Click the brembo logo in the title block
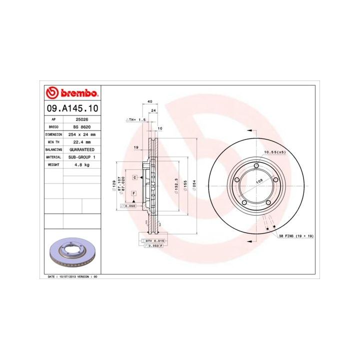pos(71,93)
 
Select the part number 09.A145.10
pos(72,108)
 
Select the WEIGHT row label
pos(54,164)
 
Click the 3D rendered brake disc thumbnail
pos(72,252)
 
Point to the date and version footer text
pos(72,276)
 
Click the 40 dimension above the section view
pos(150,101)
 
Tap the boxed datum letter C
pos(134,177)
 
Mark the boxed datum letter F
pos(134,193)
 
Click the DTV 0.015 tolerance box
pos(154,241)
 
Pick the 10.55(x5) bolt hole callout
pos(274,151)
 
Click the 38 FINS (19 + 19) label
pos(296,235)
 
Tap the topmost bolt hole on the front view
pos(256,166)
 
